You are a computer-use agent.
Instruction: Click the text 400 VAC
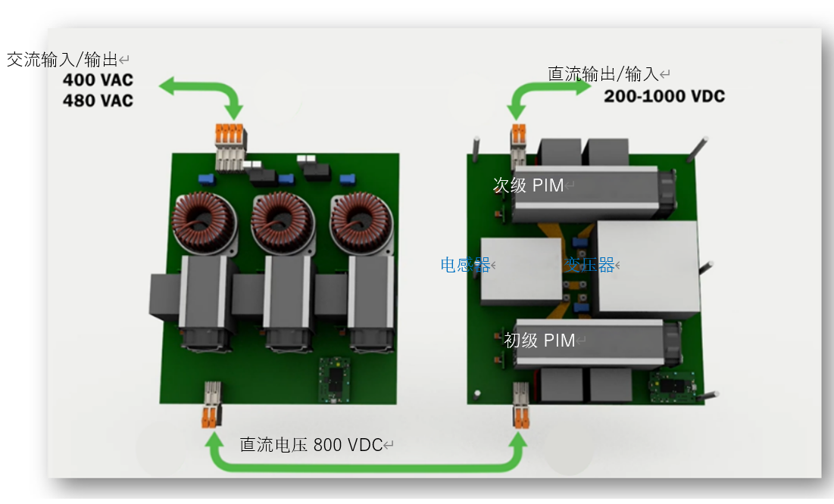pyautogui.click(x=97, y=80)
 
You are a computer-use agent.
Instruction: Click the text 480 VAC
pyautogui.click(x=97, y=100)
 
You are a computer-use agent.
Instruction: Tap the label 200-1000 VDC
pyautogui.click(x=664, y=96)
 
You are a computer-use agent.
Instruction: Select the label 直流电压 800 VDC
pyautogui.click(x=311, y=445)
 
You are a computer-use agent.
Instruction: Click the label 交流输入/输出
pyautogui.click(x=63, y=60)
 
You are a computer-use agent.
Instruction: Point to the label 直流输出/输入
pyautogui.click(x=604, y=74)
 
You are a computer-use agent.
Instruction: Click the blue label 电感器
pyautogui.click(x=465, y=265)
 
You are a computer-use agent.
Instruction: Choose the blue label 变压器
pyautogui.click(x=589, y=265)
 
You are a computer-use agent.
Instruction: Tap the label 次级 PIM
pyautogui.click(x=528, y=185)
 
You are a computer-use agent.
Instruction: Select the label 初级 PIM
pyautogui.click(x=539, y=341)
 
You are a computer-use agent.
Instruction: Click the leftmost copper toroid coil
pyautogui.click(x=201, y=222)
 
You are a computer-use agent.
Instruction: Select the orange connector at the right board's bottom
pyautogui.click(x=520, y=418)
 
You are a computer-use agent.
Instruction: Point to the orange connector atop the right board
pyautogui.click(x=518, y=133)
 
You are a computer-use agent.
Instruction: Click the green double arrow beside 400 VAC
pyautogui.click(x=200, y=90)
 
